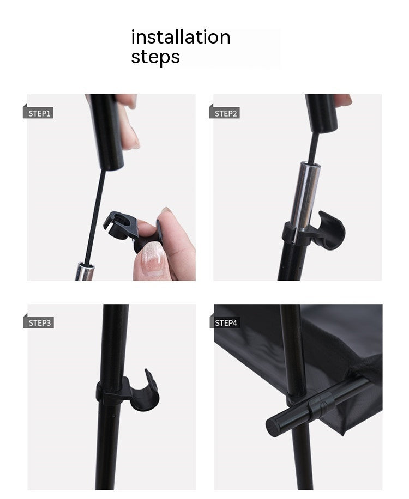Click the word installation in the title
(181, 37)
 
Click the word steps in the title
(155, 57)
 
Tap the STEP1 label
(39, 114)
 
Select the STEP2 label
(226, 114)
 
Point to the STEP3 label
(39, 323)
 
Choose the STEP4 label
(226, 323)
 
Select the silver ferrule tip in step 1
(85, 271)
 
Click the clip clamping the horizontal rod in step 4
(322, 405)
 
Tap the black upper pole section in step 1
(107, 131)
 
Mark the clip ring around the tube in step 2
(296, 235)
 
